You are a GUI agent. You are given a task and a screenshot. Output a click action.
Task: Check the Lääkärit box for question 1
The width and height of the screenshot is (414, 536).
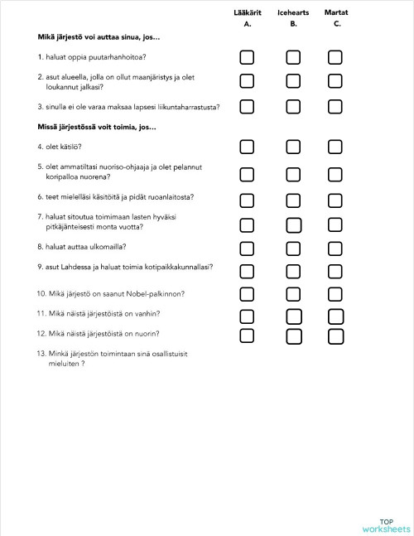(x=247, y=57)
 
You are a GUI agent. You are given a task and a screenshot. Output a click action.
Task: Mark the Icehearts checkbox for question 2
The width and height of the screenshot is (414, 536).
(x=293, y=80)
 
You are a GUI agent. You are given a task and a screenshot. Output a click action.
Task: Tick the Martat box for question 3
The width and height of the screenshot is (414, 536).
(x=335, y=107)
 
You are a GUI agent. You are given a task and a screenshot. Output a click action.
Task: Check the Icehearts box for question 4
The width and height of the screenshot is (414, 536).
(x=293, y=147)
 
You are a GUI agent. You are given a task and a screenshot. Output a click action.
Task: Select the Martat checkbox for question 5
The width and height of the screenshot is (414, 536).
(x=335, y=173)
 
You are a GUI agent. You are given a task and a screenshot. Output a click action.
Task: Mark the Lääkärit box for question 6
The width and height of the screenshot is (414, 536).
(x=247, y=198)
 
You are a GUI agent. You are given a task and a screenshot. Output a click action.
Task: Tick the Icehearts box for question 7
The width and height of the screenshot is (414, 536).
(x=293, y=224)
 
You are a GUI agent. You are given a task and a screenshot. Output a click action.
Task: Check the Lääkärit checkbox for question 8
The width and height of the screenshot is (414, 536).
(x=247, y=247)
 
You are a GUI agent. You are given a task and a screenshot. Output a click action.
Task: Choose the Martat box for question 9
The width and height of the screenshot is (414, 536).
(x=335, y=270)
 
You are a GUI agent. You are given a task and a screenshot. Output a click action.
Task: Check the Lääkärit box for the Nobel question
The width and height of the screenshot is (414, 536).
(x=247, y=293)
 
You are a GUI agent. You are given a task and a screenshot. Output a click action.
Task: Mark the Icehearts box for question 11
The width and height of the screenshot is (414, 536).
(x=293, y=315)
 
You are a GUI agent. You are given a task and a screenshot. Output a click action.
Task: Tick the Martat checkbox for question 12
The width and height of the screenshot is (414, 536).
(x=335, y=335)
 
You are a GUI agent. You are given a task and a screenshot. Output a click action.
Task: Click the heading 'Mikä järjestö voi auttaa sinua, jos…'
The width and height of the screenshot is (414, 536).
(x=99, y=38)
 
